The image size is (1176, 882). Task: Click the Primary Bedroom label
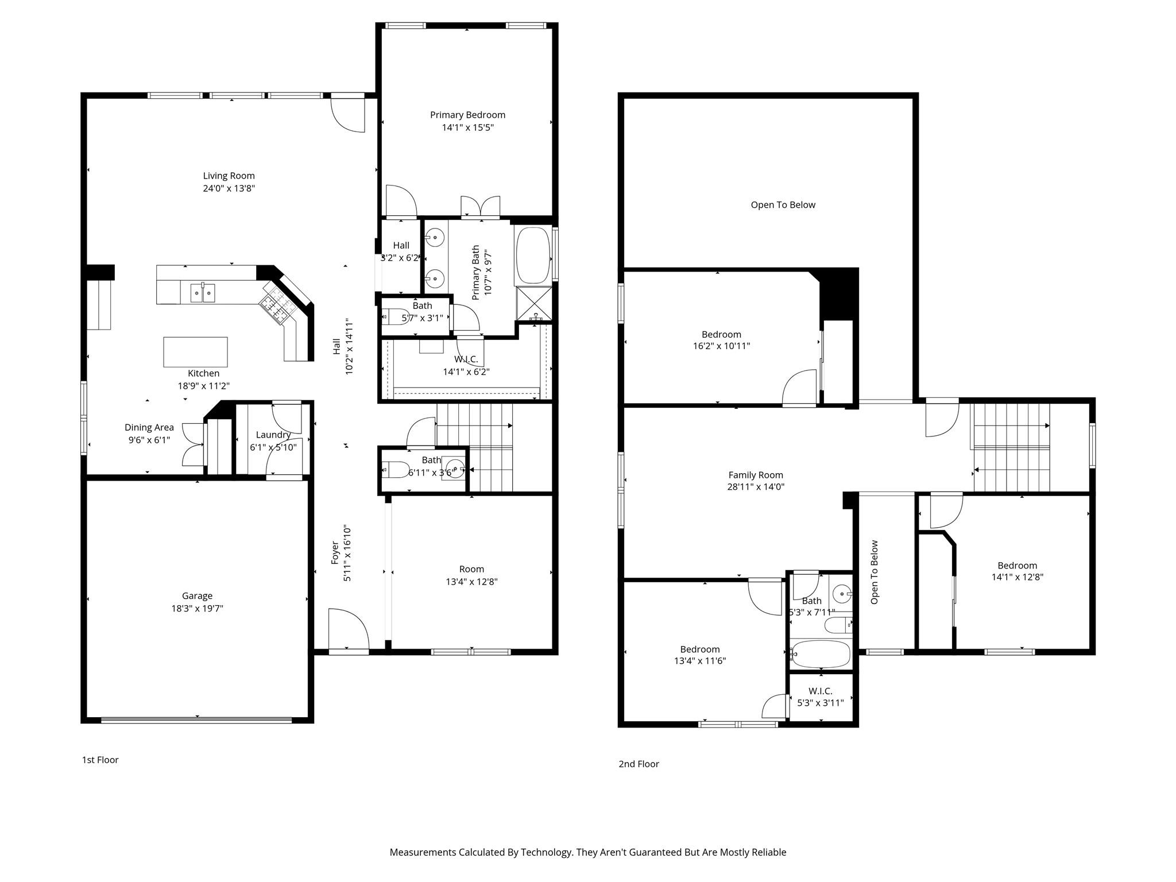467,115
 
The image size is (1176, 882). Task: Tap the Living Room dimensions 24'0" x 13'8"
229,188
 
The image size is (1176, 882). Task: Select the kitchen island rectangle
195,352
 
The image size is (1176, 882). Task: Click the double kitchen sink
203,293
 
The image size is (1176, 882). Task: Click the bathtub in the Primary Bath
533,256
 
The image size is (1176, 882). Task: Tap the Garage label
197,596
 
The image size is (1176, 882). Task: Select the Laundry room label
273,435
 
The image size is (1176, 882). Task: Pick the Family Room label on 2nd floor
756,475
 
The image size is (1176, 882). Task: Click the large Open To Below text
783,205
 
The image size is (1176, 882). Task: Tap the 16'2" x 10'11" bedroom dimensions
721,346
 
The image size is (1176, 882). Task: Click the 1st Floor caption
100,760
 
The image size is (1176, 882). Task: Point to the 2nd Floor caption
639,764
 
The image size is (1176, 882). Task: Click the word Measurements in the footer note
422,852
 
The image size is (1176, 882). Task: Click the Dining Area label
149,427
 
